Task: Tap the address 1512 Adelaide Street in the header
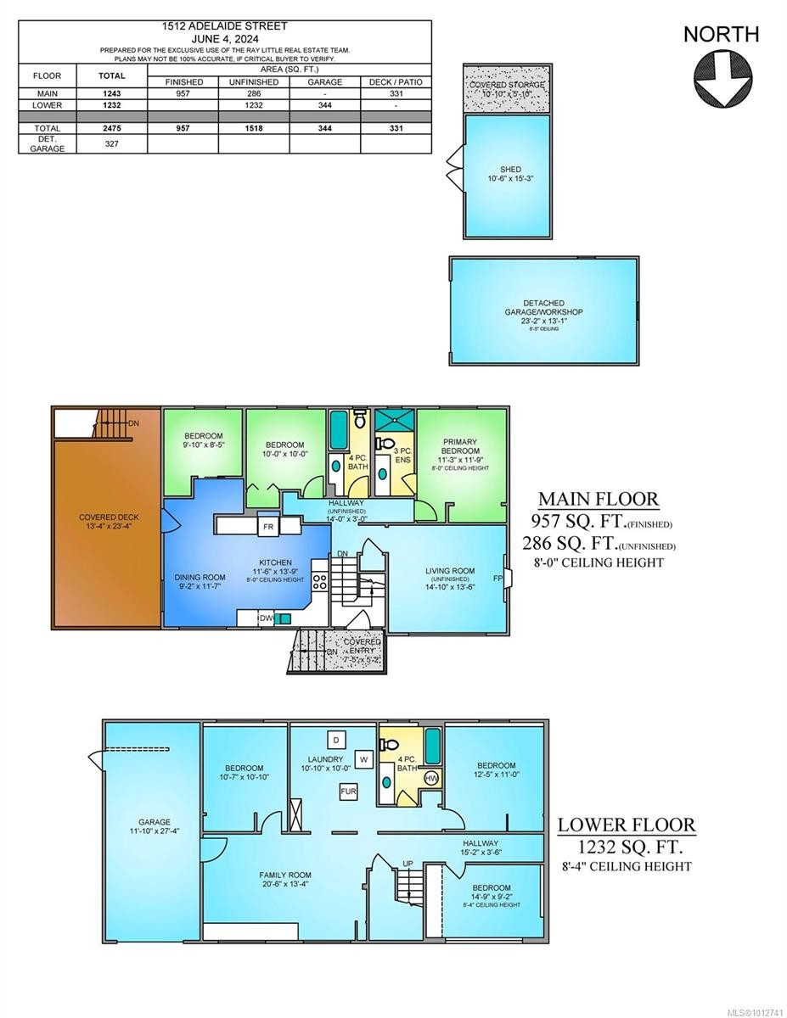click(225, 26)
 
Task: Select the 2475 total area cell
click(112, 127)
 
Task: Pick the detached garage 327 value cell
click(112, 144)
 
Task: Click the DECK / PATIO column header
click(396, 82)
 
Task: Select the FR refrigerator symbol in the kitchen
click(268, 527)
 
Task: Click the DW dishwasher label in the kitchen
click(267, 618)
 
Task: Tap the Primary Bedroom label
click(459, 446)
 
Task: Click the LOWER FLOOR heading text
click(627, 824)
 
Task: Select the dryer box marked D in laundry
click(335, 738)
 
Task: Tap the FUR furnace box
click(348, 791)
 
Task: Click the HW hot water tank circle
click(431, 778)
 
